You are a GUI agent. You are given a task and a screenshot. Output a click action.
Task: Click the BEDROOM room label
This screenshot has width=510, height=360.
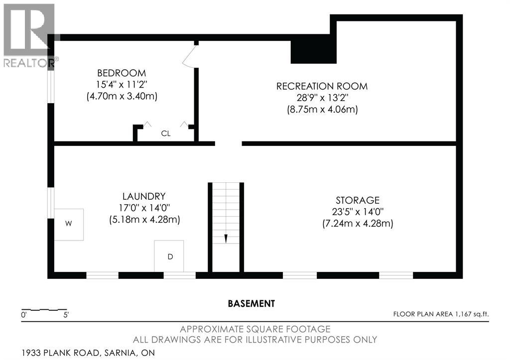tap(122, 73)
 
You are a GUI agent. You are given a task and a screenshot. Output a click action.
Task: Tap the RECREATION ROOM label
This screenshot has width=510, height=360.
tap(322, 86)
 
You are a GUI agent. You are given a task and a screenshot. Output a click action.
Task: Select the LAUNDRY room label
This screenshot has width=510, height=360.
tap(144, 196)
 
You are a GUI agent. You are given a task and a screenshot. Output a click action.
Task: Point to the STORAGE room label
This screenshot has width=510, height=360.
tap(358, 200)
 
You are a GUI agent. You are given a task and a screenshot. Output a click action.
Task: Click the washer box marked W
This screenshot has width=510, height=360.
tap(69, 225)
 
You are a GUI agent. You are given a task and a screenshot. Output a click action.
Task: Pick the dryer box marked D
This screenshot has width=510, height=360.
tap(169, 256)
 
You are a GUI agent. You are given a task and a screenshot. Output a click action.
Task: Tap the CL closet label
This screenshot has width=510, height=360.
tap(166, 133)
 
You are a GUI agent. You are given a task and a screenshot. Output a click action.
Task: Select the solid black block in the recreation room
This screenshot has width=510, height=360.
tap(313, 52)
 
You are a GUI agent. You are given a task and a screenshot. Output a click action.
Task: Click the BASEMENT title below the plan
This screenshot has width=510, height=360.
tap(252, 303)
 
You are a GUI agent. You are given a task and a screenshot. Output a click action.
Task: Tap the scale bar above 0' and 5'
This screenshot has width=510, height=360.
tap(44, 309)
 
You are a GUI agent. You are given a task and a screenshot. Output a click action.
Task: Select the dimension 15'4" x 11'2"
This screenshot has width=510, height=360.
tap(122, 85)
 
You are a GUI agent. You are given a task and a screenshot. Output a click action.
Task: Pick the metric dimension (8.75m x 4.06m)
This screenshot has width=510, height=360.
tap(322, 109)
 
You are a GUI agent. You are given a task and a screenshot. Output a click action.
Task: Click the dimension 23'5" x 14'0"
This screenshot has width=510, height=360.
tap(358, 212)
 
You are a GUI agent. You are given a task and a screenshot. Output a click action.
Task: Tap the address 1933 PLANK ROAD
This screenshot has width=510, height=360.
tap(60, 353)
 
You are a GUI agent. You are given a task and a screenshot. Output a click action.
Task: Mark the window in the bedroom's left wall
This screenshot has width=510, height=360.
tap(51, 86)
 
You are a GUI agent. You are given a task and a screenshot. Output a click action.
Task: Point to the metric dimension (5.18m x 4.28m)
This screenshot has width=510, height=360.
tap(145, 220)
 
